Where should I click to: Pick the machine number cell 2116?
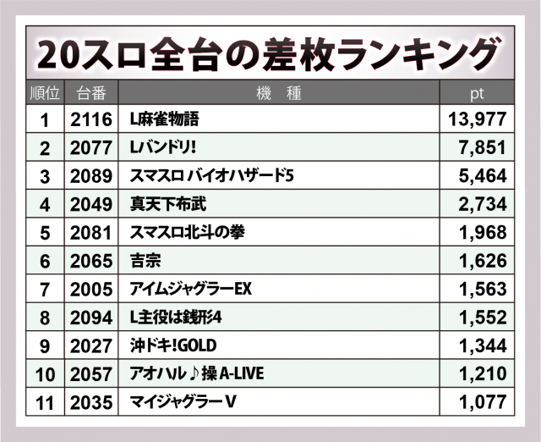(91, 120)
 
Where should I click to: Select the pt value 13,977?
(477, 120)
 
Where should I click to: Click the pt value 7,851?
(482, 148)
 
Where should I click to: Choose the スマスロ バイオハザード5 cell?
(211, 176)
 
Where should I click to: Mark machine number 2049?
(91, 204)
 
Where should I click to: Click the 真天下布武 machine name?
(168, 204)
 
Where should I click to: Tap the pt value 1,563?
(482, 289)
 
